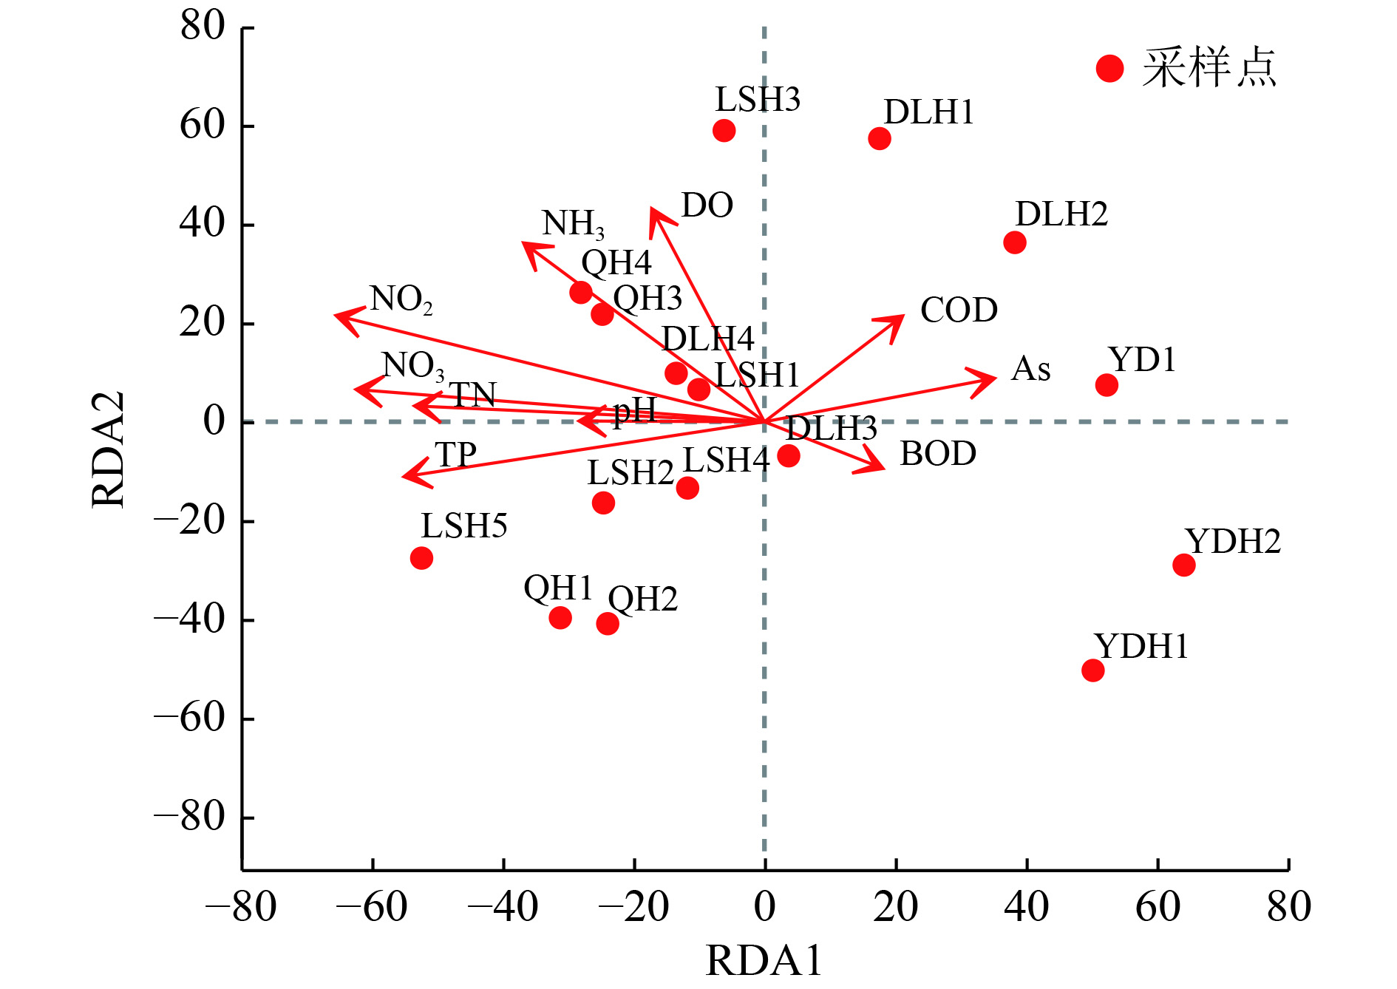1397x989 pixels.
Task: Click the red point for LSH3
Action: click(724, 131)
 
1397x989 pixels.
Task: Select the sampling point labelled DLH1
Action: click(880, 138)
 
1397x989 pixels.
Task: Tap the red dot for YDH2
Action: click(1183, 565)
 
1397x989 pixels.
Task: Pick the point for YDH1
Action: click(1092, 670)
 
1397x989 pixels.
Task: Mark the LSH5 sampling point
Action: click(421, 558)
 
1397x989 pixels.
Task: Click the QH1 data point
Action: click(560, 618)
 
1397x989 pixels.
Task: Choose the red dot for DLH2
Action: click(1015, 242)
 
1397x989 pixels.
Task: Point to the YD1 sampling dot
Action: click(1107, 385)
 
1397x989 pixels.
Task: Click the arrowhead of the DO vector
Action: click(652, 209)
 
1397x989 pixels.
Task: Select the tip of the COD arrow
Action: click(903, 316)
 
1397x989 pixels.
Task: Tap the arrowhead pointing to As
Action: click(994, 378)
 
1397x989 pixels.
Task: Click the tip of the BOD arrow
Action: click(883, 468)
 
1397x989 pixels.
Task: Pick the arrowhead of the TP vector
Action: click(404, 476)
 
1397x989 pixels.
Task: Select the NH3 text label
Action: click(573, 223)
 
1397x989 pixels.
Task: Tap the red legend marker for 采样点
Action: click(1109, 69)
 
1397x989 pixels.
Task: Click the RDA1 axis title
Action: click(764, 961)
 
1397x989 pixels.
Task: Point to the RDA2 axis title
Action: click(108, 449)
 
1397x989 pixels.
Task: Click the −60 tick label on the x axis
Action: click(372, 907)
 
